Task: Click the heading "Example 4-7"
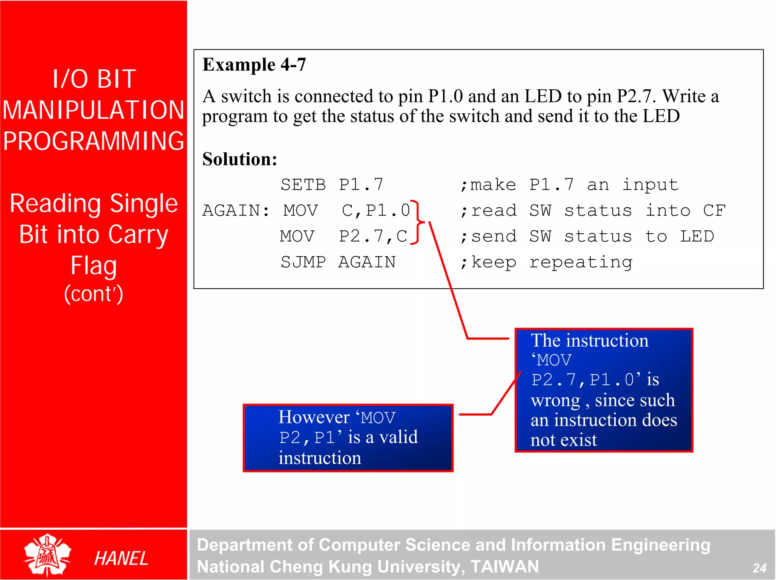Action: coord(254,65)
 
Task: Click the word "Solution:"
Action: coord(239,159)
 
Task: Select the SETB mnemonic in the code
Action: coord(303,185)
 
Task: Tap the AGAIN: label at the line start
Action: coord(236,211)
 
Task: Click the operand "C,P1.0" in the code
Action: coord(375,211)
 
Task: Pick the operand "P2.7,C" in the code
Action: coord(373,236)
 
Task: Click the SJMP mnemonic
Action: coord(303,262)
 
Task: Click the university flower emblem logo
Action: coord(47,555)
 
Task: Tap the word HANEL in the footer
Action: coord(121,559)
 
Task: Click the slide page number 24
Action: coord(759,568)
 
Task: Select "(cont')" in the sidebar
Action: coord(94,294)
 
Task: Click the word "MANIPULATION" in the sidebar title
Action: coord(94,110)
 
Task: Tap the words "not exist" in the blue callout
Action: coord(563,440)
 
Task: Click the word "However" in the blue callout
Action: coord(314,417)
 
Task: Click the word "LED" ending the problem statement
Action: coord(661,116)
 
